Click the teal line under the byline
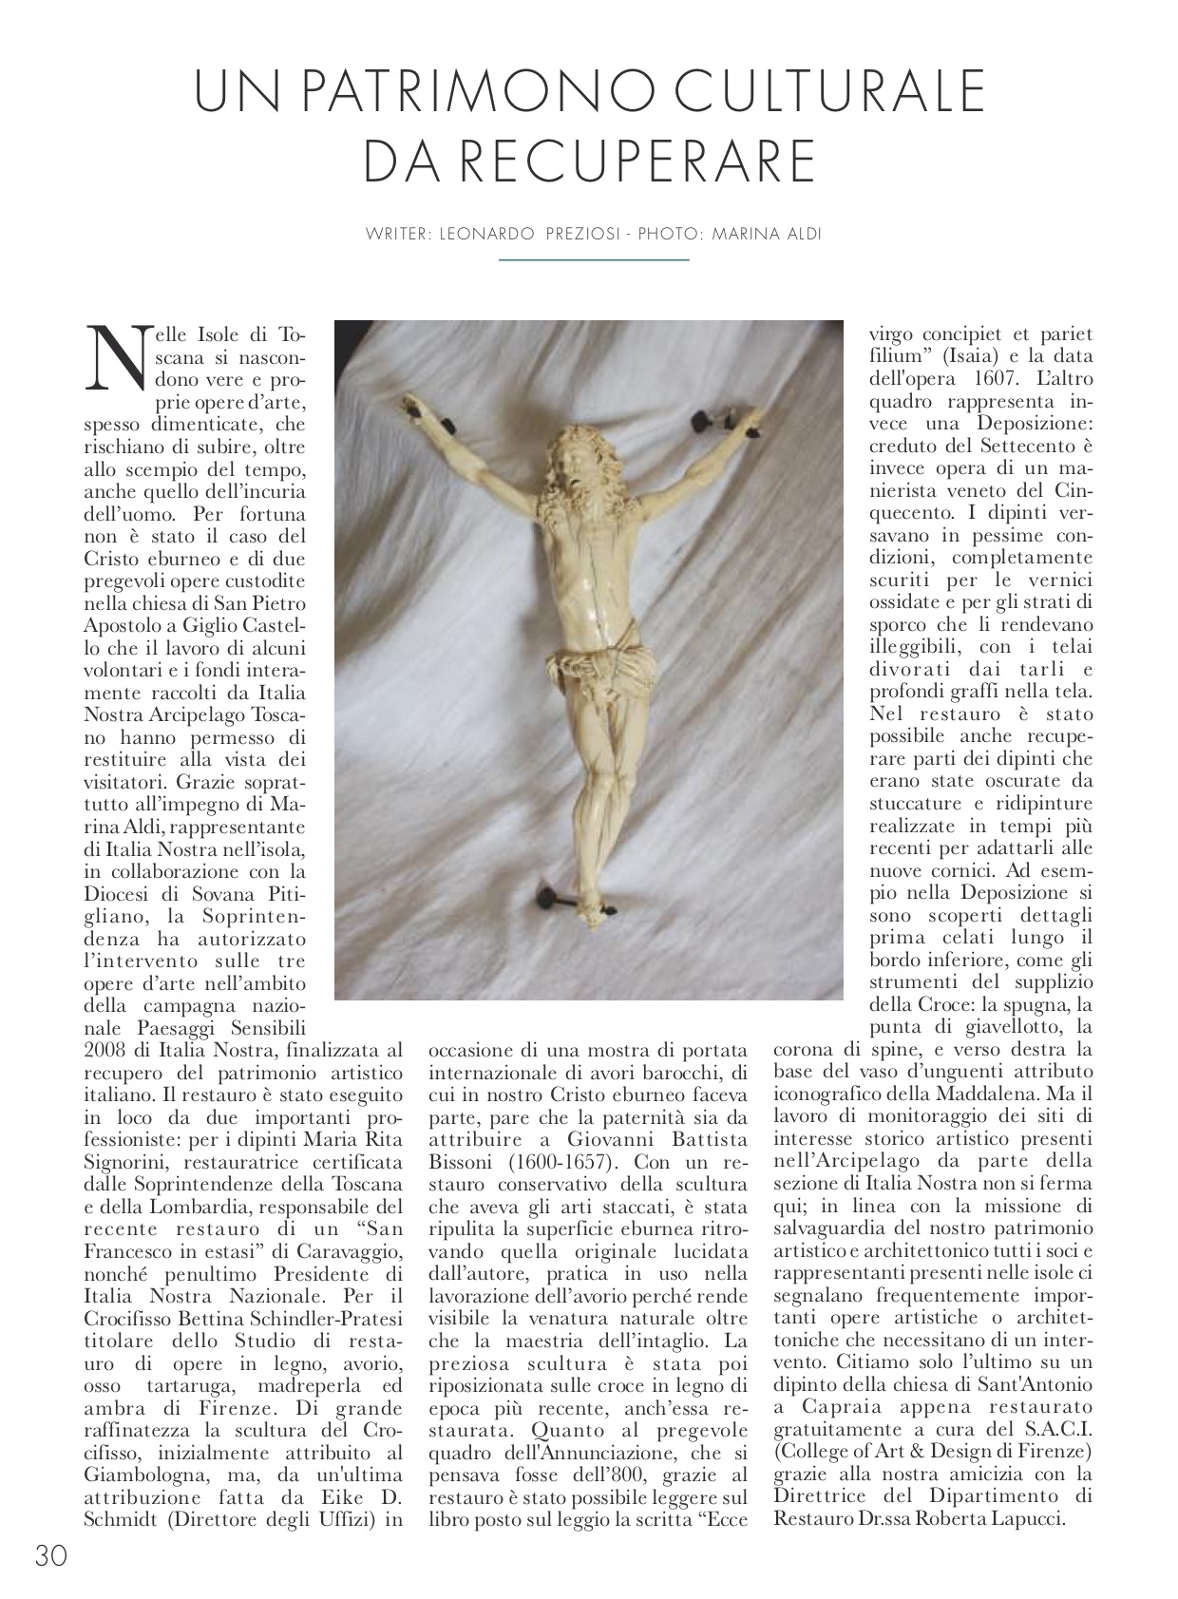(594, 259)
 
